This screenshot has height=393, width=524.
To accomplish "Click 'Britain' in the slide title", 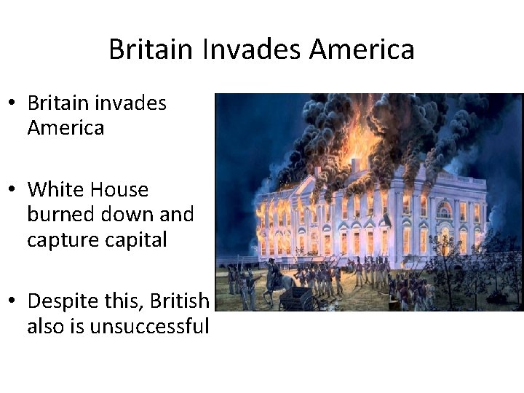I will pos(151,49).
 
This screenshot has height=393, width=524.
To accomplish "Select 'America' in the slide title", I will pos(362,49).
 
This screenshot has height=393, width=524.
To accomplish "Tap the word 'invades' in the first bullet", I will pos(132,103).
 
